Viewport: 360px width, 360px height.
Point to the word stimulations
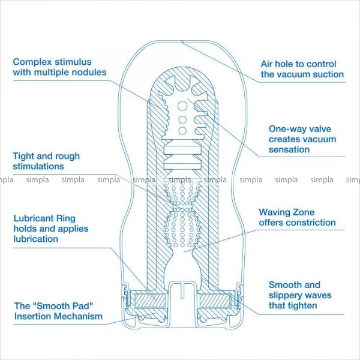[38, 166]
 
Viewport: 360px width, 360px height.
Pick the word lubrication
[35, 239]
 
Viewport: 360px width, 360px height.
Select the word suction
[327, 74]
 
